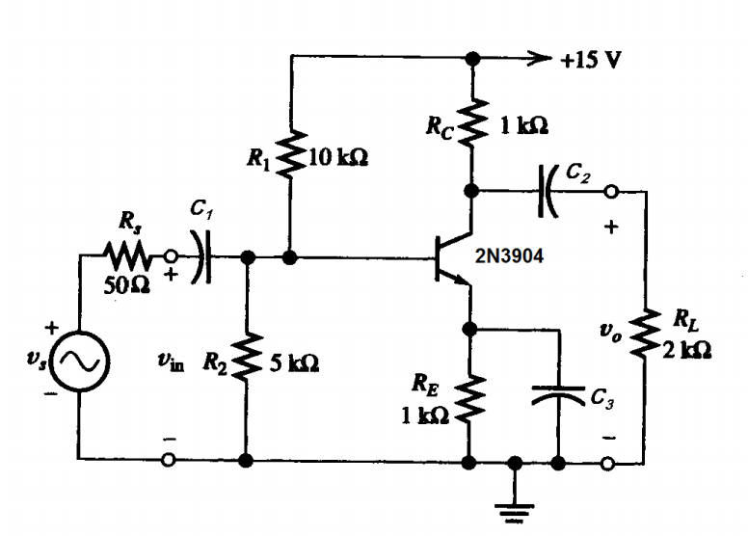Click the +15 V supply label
tap(591, 59)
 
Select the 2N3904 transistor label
tap(515, 257)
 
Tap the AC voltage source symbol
tap(79, 362)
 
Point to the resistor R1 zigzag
tap(290, 155)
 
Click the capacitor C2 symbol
tap(549, 191)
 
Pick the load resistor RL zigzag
tap(645, 333)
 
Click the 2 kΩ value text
tap(688, 351)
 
